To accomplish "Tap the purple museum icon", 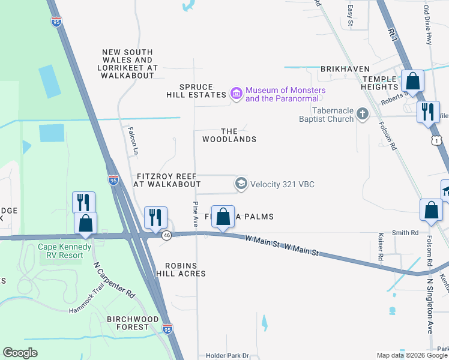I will [x=237, y=94].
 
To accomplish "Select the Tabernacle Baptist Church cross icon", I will [x=362, y=113].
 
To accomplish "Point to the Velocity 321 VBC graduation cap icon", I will [x=241, y=184].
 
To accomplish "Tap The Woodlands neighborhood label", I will [x=229, y=135].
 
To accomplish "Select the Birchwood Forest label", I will [x=133, y=323].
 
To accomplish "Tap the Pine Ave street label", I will [x=196, y=214].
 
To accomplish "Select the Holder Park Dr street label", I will [x=232, y=356].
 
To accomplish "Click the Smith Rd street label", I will [x=405, y=233].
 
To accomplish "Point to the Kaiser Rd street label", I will [x=381, y=250].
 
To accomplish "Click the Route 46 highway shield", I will [x=167, y=236].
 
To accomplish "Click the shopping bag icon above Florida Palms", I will [x=223, y=217].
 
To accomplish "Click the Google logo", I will [x=20, y=353].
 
